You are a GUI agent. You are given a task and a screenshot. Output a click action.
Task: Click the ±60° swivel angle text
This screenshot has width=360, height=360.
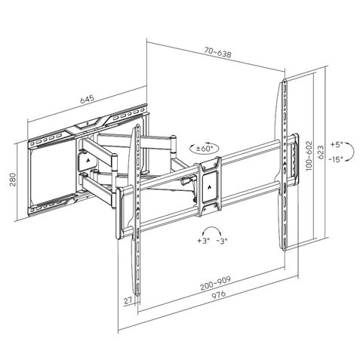pos(205,149)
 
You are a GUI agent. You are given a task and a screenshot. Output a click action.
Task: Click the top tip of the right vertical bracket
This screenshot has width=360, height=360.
pos(285,79)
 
